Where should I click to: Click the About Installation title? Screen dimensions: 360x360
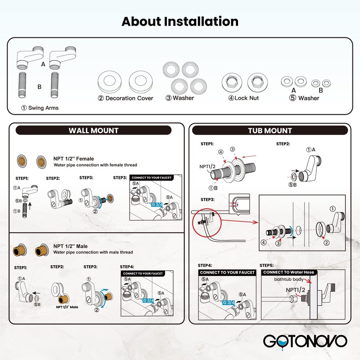(x=180, y=21)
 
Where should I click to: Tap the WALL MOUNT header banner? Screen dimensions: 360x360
(x=94, y=130)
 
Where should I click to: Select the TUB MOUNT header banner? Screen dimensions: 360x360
(x=270, y=130)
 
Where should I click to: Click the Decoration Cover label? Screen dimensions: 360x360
(x=126, y=98)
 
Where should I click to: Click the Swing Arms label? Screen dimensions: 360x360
(x=40, y=108)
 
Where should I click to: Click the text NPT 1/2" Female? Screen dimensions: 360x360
(x=73, y=159)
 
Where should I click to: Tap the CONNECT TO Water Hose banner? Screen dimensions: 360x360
(x=289, y=273)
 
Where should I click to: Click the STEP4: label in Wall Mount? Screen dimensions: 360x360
(x=128, y=267)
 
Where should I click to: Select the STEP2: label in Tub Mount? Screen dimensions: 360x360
(x=283, y=144)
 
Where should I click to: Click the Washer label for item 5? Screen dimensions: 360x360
(x=309, y=98)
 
